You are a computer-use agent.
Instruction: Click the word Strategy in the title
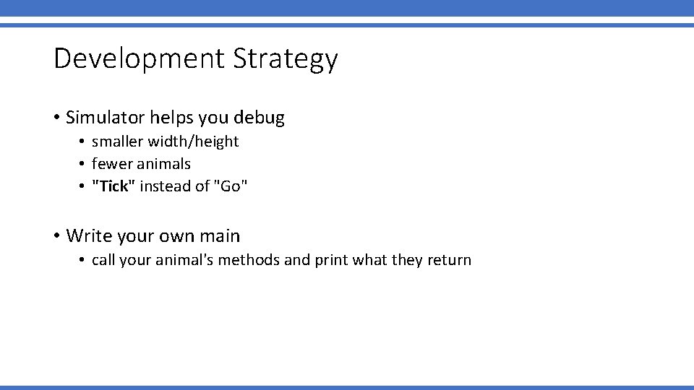(x=286, y=59)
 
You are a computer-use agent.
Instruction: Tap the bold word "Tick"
(x=113, y=186)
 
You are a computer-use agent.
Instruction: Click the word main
(x=221, y=236)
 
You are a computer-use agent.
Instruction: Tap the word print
(x=331, y=260)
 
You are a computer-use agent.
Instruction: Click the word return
(x=450, y=260)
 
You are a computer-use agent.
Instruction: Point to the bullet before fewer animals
(x=84, y=164)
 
